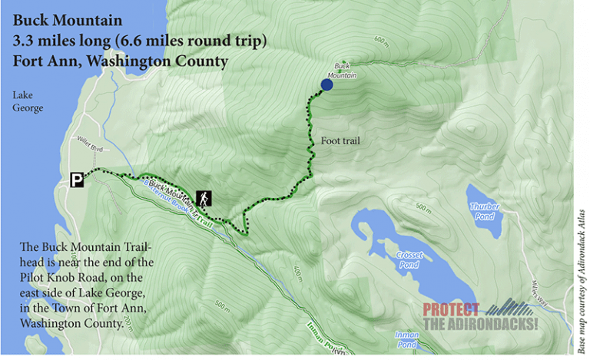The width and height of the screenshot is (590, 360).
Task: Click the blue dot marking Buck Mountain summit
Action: click(x=326, y=85)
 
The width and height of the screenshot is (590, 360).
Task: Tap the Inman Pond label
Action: click(x=406, y=337)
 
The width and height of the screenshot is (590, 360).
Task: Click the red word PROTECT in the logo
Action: click(x=451, y=310)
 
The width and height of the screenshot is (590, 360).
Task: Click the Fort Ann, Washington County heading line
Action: click(x=119, y=60)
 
